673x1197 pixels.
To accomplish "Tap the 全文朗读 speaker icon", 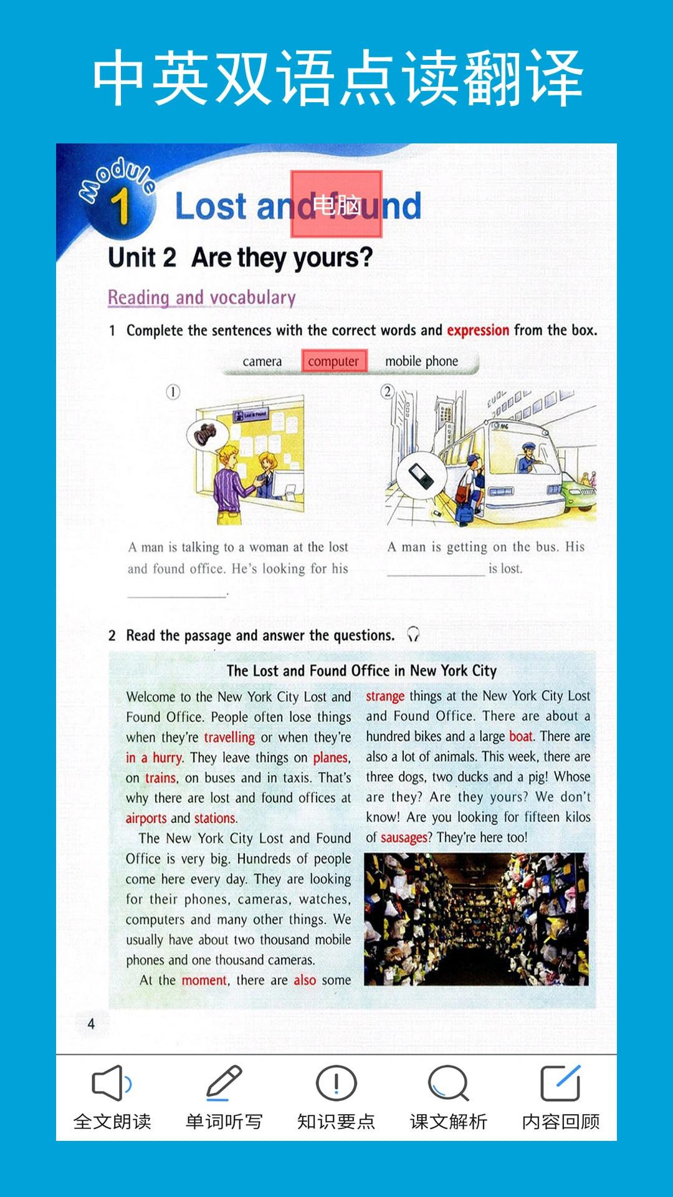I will tap(112, 1084).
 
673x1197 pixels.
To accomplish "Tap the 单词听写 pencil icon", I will tap(224, 1084).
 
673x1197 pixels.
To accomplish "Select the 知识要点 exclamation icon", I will tap(336, 1084).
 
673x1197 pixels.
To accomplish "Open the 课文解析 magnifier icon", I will tap(448, 1084).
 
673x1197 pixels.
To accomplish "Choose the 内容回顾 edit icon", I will tap(560, 1084).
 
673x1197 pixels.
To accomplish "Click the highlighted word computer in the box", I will tap(334, 362).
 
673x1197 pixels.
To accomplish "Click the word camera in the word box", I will tap(262, 362).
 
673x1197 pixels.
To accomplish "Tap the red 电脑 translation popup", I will tap(336, 204).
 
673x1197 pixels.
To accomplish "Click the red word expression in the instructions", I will tap(478, 330).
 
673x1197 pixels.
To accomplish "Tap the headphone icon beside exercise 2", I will tap(413, 635).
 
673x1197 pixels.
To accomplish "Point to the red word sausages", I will tap(404, 837).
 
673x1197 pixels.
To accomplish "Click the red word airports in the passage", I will tap(146, 818).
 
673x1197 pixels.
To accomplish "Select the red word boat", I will tap(520, 736).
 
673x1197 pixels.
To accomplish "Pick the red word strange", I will tap(385, 696).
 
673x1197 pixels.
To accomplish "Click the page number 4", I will tap(91, 1024).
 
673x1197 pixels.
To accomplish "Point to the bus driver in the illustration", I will tap(527, 458).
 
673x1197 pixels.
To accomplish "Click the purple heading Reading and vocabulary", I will tap(202, 297).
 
